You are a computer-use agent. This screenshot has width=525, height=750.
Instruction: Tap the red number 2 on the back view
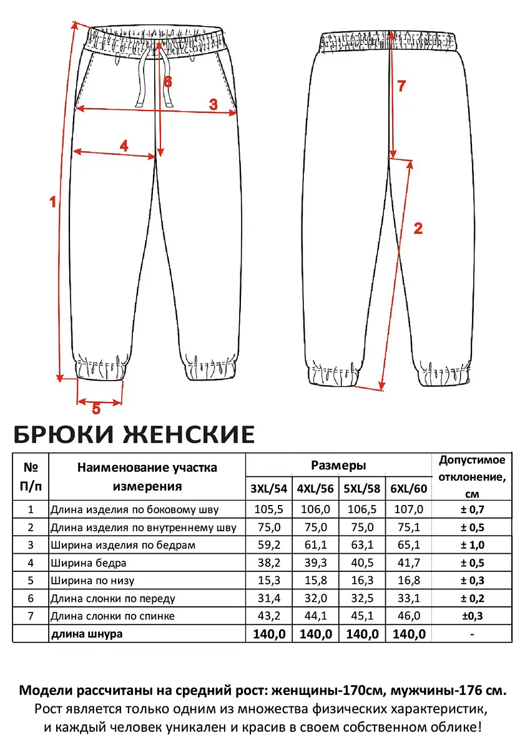click(x=418, y=228)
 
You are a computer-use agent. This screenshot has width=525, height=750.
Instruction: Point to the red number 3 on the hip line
click(x=213, y=105)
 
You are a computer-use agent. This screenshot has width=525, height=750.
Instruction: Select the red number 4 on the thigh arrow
click(x=124, y=146)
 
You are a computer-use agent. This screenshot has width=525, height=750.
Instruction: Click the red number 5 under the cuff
click(x=96, y=409)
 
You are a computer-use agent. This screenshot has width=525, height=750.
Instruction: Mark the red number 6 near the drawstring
click(x=167, y=82)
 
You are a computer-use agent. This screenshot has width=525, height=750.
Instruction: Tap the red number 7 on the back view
click(x=402, y=87)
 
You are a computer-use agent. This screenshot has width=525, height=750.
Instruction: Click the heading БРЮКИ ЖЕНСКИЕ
click(x=134, y=434)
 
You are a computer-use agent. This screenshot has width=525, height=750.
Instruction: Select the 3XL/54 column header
click(x=268, y=489)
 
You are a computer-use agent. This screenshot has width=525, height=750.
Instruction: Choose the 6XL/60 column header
click(x=408, y=489)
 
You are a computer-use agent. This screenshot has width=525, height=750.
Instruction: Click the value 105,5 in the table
click(x=268, y=509)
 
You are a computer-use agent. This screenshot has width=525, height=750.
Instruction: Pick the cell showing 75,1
click(x=408, y=527)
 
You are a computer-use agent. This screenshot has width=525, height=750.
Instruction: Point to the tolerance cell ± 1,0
click(x=472, y=544)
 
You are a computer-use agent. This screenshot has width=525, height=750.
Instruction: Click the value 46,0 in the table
click(x=408, y=616)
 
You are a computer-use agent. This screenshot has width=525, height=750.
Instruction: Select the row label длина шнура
click(x=87, y=634)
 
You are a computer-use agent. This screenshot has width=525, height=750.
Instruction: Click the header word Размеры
click(x=338, y=466)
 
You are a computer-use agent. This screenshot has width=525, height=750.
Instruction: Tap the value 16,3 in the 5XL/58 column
click(x=361, y=581)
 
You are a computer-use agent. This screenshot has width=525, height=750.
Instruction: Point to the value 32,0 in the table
click(x=315, y=598)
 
